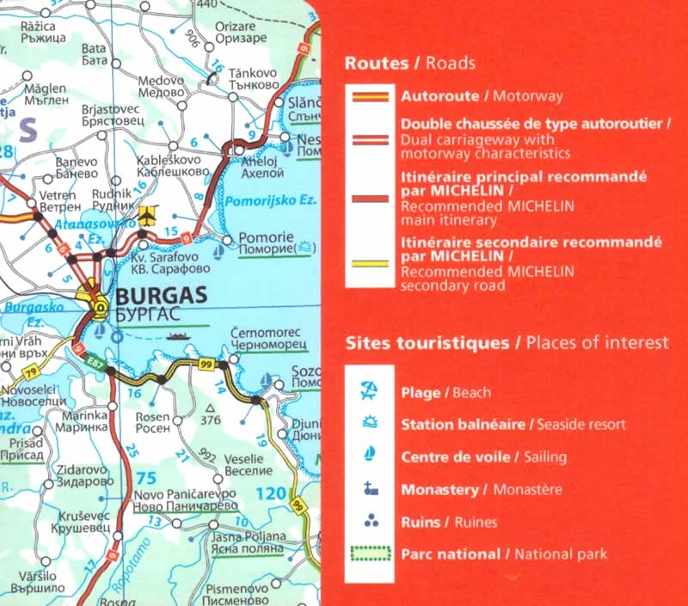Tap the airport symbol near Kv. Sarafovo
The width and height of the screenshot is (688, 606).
pos(148,214)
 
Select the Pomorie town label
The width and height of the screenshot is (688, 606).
pos(267,237)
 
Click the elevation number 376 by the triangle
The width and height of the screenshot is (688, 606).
pos(211,420)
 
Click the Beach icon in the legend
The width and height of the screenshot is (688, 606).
pos(368,392)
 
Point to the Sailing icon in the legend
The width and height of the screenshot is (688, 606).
pos(368,456)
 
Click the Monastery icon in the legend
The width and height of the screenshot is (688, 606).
pos(368,489)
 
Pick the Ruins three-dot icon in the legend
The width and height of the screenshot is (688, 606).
pos(368,521)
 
